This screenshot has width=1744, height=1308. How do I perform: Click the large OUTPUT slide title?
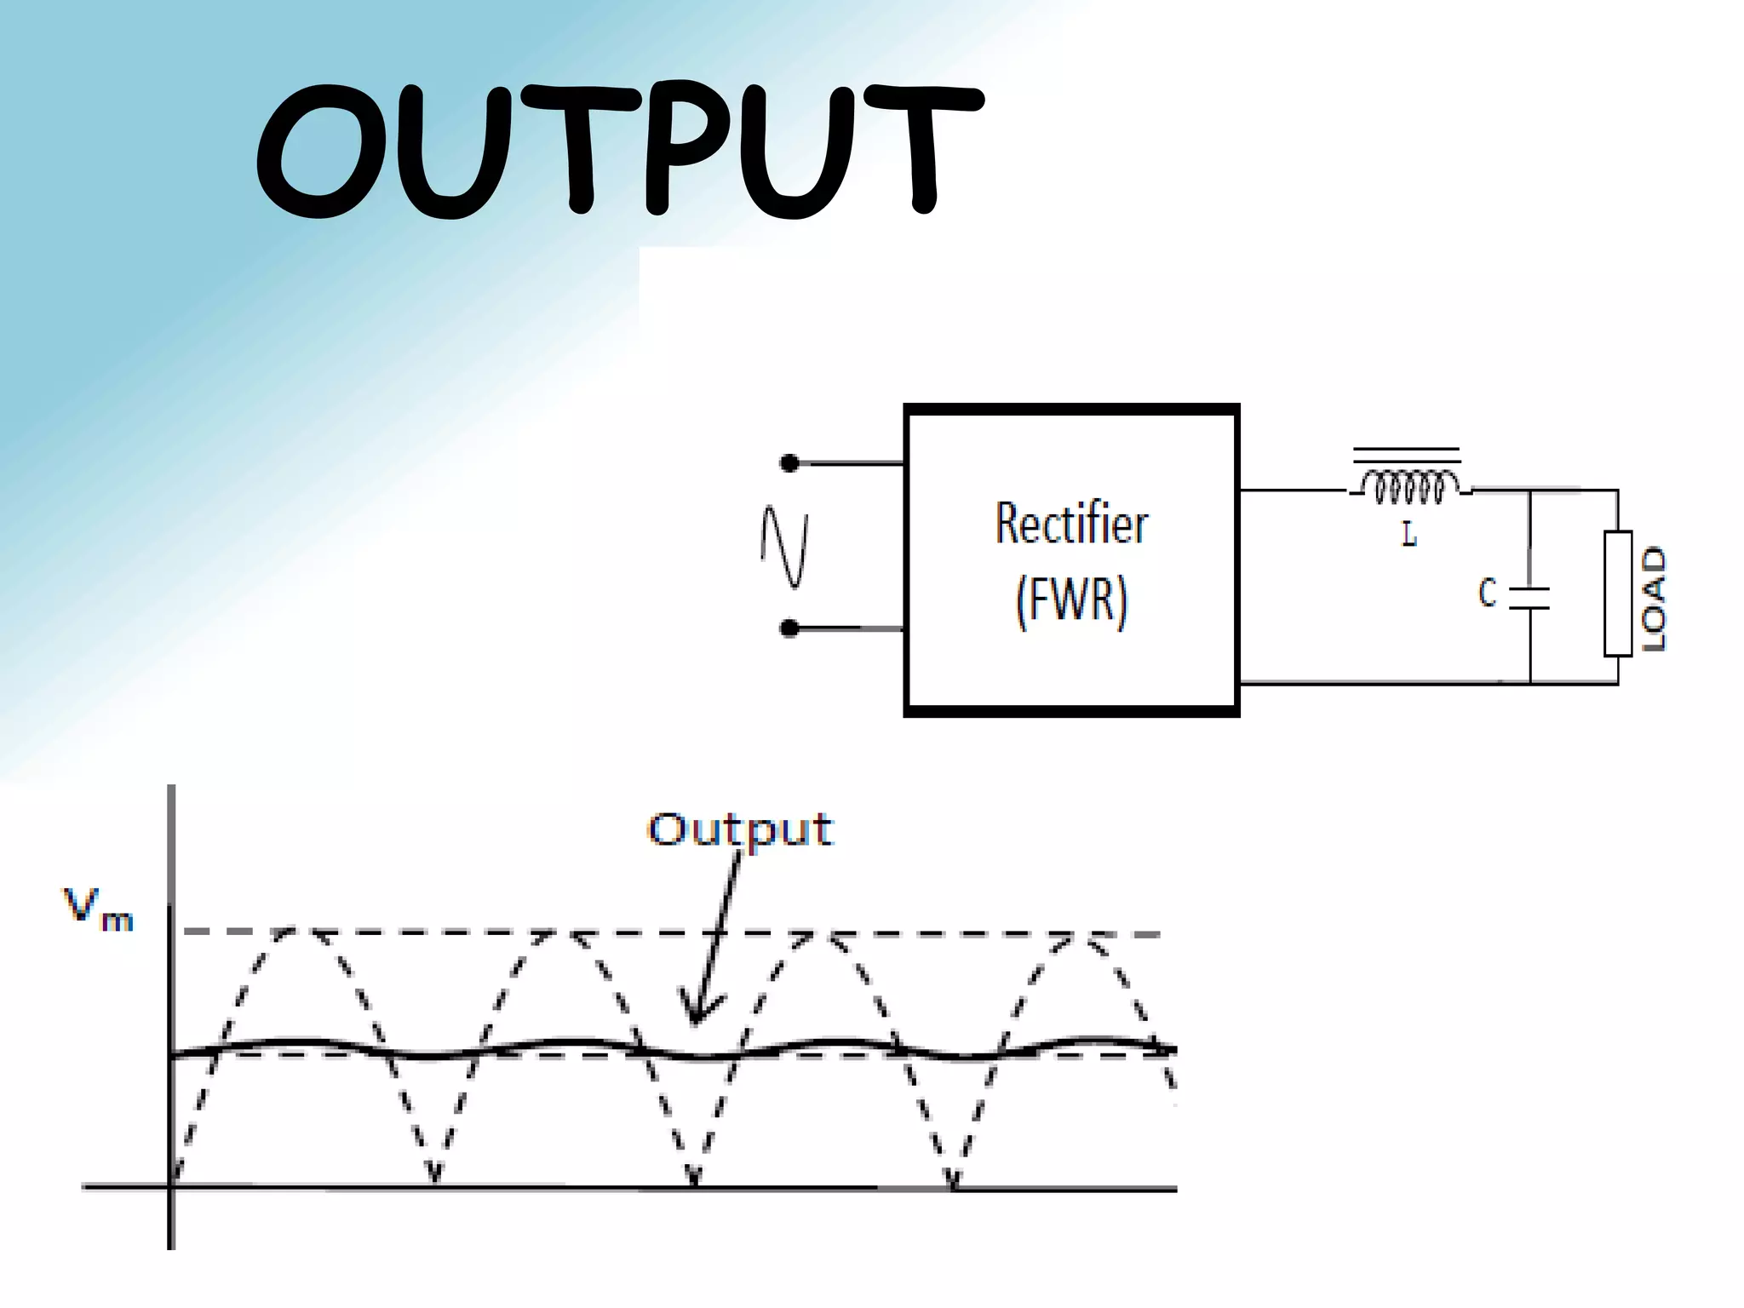[x=620, y=152]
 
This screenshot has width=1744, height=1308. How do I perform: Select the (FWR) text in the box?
[x=1071, y=600]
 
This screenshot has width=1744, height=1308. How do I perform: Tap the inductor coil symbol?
[x=1408, y=488]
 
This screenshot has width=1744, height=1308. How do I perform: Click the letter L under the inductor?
[x=1408, y=535]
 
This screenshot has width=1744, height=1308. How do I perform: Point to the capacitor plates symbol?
[x=1529, y=598]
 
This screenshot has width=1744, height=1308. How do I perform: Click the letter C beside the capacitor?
[x=1487, y=593]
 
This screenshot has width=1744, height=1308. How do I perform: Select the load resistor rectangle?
[x=1617, y=594]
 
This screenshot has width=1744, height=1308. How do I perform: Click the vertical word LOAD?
[x=1653, y=599]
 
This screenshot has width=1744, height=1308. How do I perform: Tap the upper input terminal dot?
[x=789, y=463]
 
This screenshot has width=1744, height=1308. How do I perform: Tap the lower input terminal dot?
[x=789, y=628]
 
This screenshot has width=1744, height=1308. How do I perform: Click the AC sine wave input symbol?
[x=784, y=546]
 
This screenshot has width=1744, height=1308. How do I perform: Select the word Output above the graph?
[x=740, y=829]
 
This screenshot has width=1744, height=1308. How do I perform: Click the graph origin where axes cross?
[x=171, y=1185]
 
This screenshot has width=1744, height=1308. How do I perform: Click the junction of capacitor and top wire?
[x=1529, y=490]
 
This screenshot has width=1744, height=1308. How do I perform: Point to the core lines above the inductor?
[x=1407, y=455]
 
